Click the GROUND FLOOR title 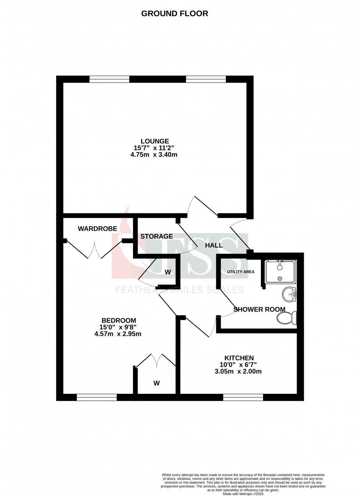pos(175,14)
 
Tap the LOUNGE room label pos(155,141)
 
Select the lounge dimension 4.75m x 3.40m pos(155,155)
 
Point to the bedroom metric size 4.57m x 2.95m pos(118,334)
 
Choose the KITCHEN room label pos(239,358)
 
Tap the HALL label pos(213,245)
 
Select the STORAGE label pos(156,236)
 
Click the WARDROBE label pos(97,229)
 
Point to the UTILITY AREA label pos(241,272)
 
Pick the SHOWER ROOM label pos(259,309)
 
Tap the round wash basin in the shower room pos(290,294)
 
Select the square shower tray pos(280,272)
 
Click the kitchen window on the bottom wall pos(243,397)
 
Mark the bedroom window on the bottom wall pos(97,397)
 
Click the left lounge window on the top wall pos(109,79)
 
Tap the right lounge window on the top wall pos(206,79)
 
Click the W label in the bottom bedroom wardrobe pos(156,383)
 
